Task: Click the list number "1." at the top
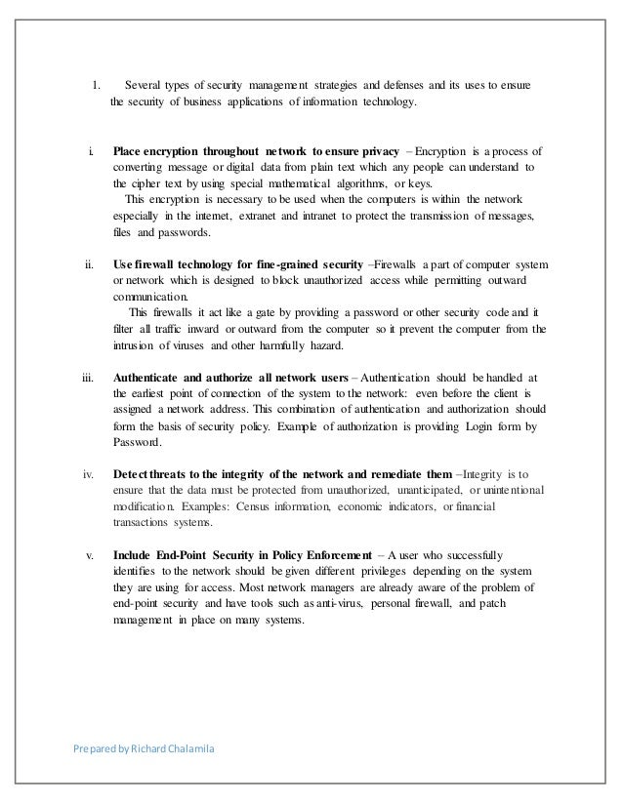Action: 97,86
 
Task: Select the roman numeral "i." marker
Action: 91,152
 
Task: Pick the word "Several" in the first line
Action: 145,86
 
